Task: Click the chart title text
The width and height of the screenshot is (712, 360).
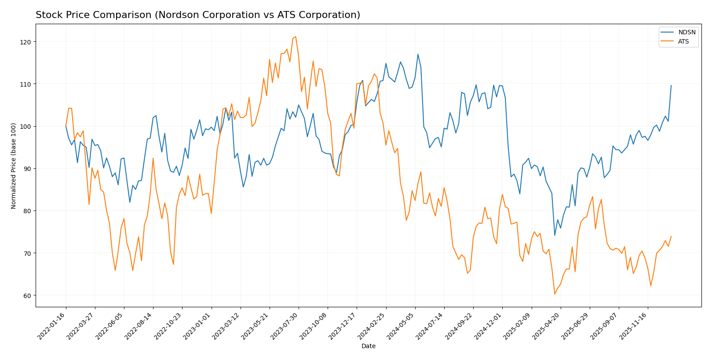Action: (197, 15)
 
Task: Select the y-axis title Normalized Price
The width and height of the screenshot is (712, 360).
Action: (14, 166)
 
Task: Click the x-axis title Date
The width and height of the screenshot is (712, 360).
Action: (368, 346)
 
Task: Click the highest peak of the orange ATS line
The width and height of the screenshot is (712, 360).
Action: (296, 36)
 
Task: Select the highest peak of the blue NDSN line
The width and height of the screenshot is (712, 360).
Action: (418, 55)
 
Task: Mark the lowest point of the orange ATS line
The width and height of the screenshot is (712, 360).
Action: (555, 294)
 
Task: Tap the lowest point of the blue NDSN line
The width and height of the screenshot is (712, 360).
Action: (555, 235)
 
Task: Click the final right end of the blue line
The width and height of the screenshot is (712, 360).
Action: (671, 86)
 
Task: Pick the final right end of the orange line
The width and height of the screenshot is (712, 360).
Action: (671, 236)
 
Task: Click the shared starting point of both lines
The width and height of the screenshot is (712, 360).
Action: (66, 126)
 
